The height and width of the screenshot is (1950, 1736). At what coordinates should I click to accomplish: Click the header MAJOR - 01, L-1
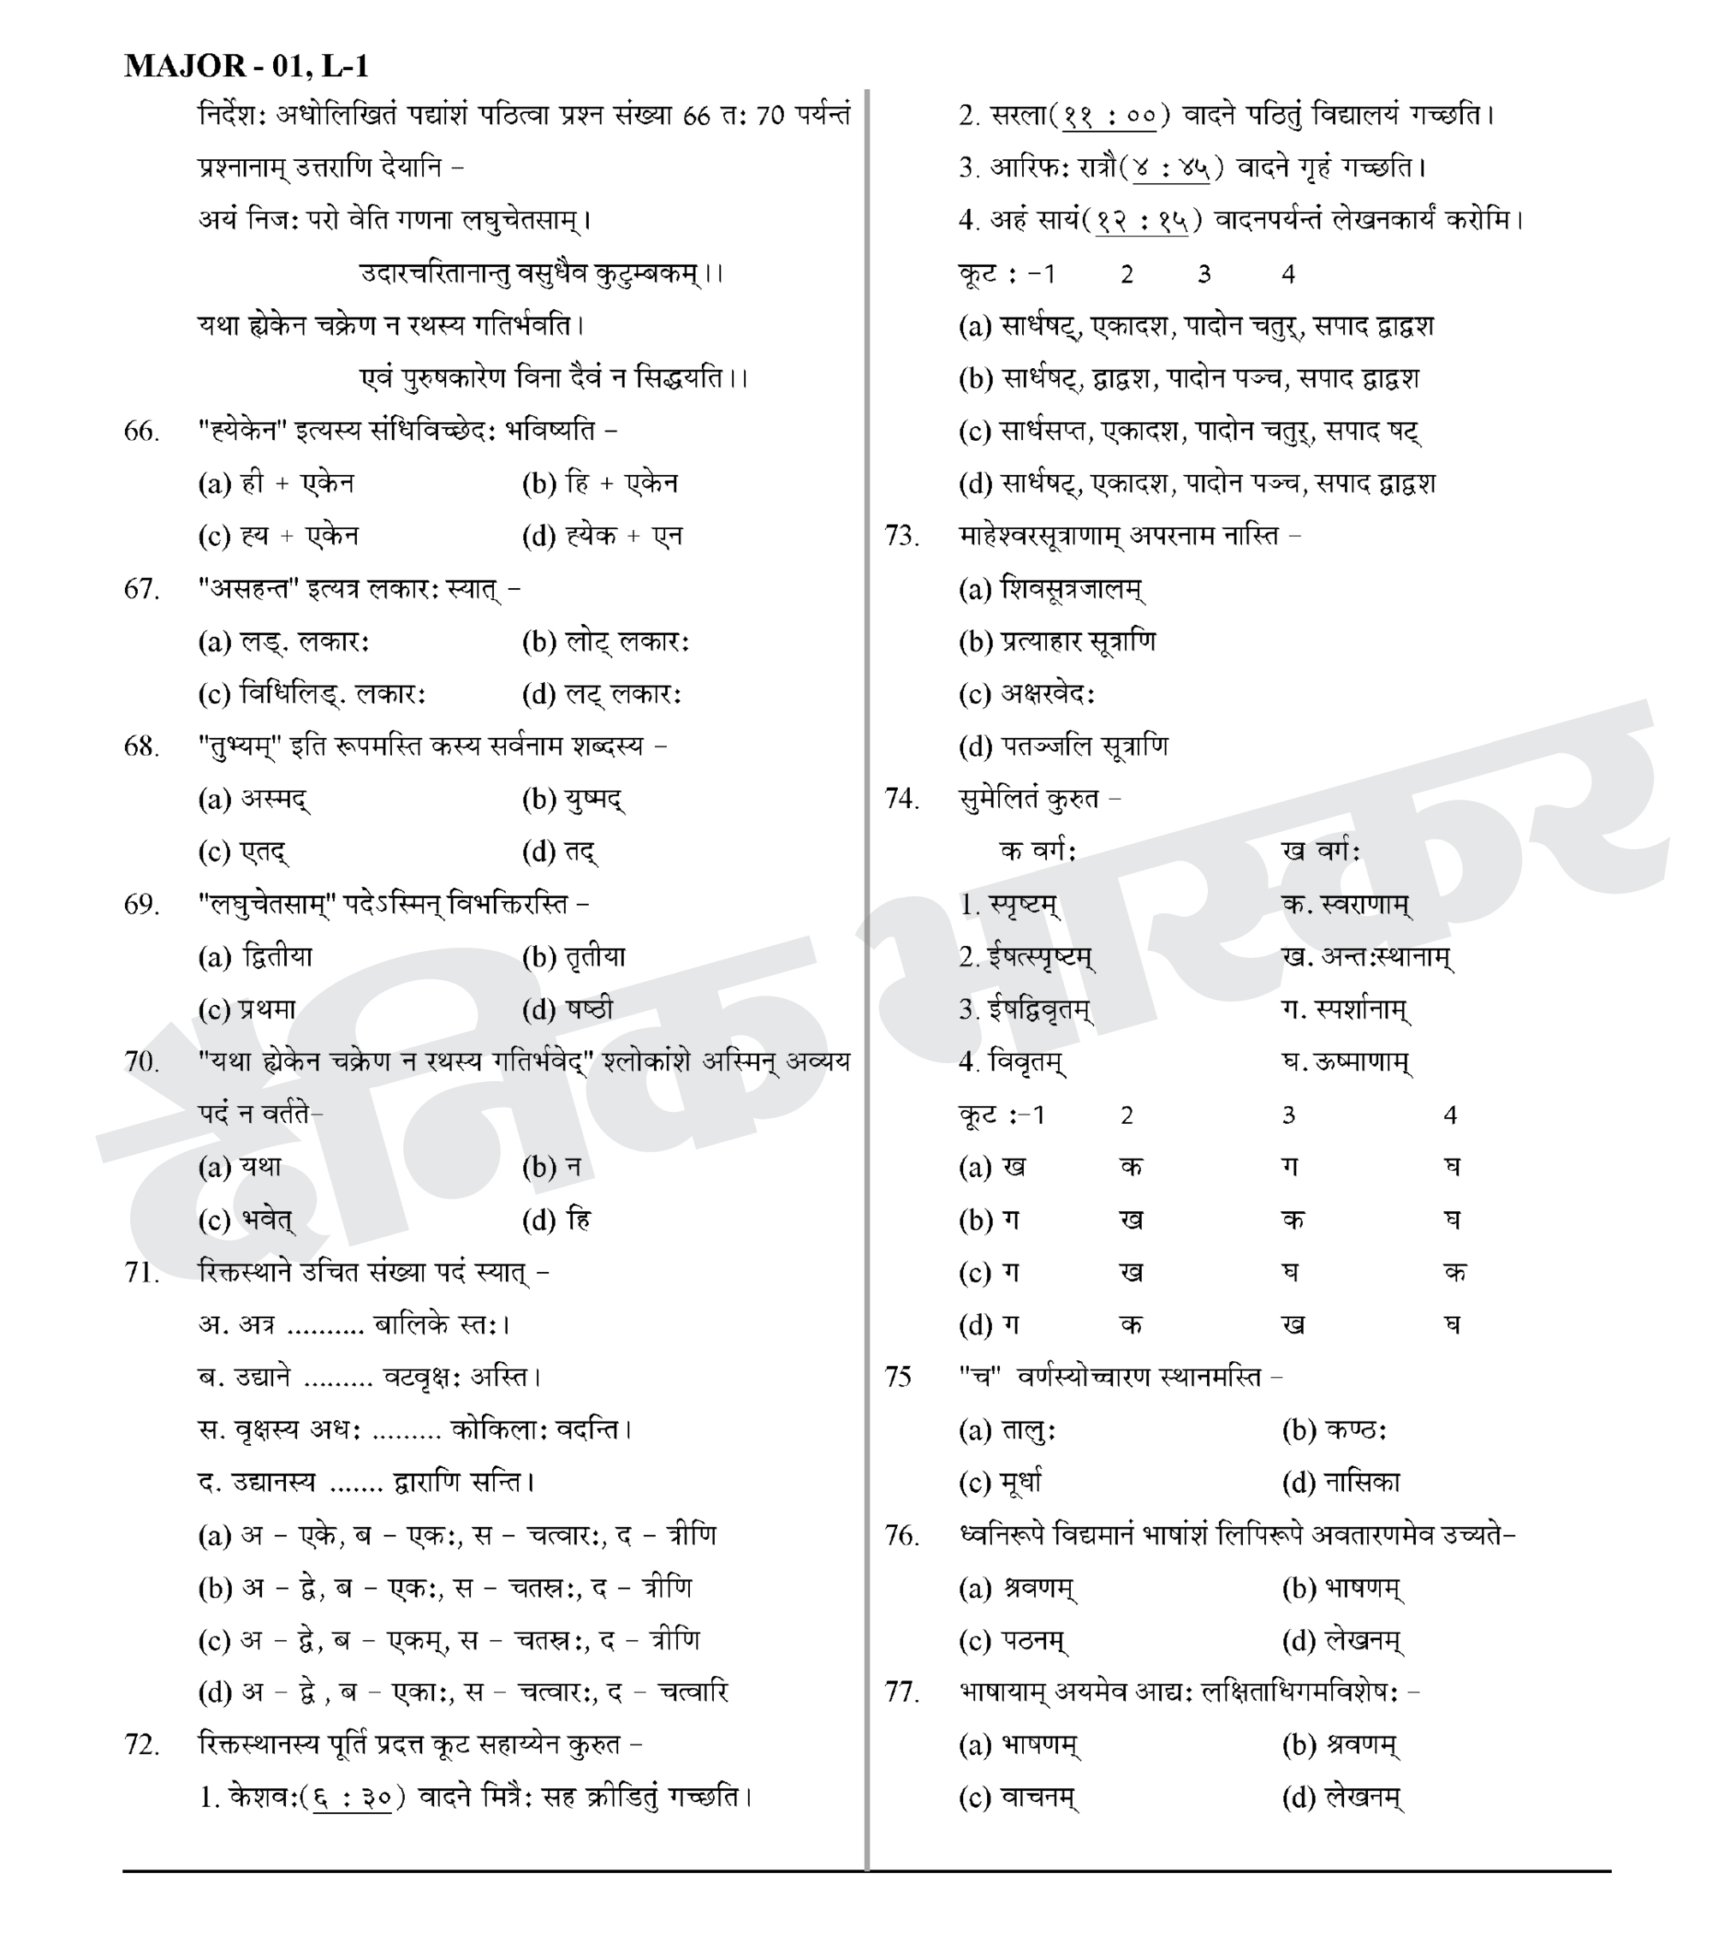click(246, 66)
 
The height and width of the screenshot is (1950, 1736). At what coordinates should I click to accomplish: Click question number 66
click(141, 431)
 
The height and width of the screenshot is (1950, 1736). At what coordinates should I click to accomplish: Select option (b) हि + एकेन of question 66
click(599, 484)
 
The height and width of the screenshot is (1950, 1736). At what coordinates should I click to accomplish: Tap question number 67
click(141, 590)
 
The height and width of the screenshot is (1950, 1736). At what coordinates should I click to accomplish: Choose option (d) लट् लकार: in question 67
click(601, 694)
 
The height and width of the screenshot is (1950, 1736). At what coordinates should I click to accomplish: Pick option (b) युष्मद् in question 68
click(574, 800)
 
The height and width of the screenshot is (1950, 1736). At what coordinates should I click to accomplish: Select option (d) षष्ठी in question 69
click(568, 1009)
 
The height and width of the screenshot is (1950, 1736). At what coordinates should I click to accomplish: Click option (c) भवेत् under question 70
click(246, 1220)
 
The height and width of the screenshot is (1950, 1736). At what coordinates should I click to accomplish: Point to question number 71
click(141, 1273)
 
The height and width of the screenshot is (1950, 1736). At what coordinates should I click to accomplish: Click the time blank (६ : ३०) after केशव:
click(352, 1798)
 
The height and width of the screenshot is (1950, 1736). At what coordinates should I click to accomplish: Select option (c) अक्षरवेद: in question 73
click(1026, 694)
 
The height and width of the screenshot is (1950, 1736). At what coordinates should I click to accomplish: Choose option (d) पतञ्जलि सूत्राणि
click(1062, 747)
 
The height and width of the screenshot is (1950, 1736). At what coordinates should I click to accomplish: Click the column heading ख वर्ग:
click(1321, 851)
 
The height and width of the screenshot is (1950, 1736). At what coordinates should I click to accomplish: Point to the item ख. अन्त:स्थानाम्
click(1367, 957)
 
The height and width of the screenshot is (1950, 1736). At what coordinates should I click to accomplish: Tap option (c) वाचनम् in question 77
click(1019, 1798)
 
